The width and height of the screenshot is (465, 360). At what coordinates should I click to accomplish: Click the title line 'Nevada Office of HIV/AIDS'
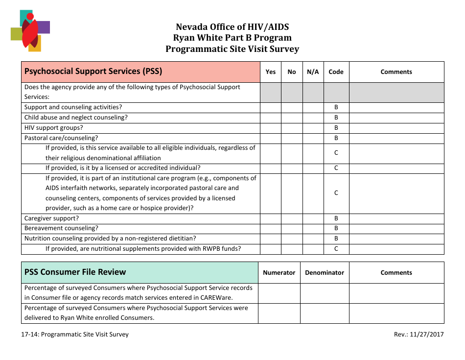click(232, 27)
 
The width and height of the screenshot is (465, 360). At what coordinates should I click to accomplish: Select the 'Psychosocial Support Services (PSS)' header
click(93, 72)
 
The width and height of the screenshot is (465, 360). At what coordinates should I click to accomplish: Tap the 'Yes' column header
click(270, 72)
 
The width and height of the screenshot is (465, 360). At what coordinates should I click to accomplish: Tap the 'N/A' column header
click(313, 72)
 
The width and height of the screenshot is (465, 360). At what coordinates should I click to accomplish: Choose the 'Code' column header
click(336, 72)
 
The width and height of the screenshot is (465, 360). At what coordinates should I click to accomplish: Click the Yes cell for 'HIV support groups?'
click(270, 128)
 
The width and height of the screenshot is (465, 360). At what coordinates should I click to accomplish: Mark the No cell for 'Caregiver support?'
click(292, 218)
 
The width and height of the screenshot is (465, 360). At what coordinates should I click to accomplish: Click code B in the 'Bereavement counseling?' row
click(336, 228)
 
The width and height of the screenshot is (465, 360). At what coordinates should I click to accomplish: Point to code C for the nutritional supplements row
click(336, 249)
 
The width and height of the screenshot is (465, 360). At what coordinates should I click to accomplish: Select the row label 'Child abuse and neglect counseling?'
click(76, 118)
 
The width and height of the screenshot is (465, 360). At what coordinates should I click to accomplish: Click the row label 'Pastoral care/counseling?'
click(61, 138)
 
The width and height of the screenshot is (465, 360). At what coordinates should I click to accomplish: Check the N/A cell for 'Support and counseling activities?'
click(313, 107)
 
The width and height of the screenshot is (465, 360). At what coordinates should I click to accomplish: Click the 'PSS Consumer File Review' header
click(75, 272)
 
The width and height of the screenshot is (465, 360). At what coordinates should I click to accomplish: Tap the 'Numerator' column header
click(279, 273)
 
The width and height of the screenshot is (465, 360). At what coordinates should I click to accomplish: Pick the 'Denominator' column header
click(324, 273)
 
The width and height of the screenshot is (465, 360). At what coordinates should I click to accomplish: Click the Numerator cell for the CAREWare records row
click(279, 293)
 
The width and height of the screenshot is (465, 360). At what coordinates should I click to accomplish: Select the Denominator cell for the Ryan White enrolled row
click(324, 313)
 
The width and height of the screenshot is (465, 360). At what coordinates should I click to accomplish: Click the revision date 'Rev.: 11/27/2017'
click(418, 335)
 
